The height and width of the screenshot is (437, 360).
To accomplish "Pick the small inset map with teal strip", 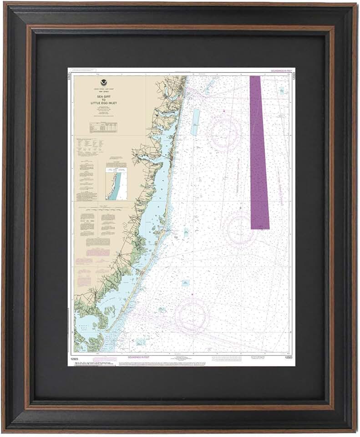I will (117, 182).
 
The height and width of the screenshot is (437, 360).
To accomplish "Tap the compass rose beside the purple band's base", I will (239, 230).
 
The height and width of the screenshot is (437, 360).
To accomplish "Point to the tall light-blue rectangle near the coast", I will (195, 122).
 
